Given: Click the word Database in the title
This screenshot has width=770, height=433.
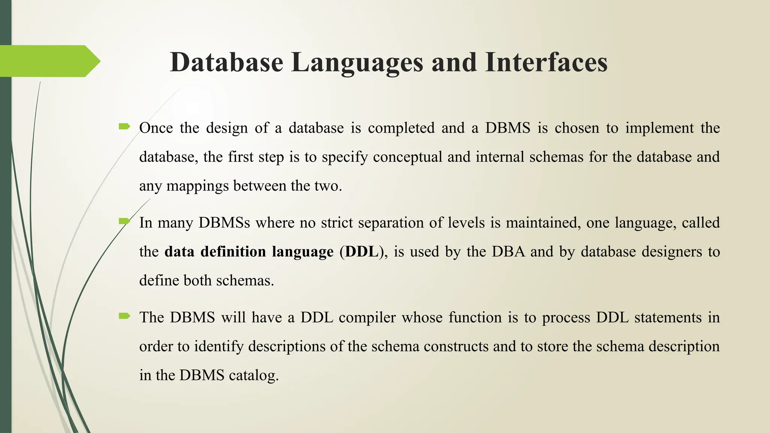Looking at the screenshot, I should [226, 62].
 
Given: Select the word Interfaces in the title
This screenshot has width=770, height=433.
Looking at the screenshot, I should [546, 62].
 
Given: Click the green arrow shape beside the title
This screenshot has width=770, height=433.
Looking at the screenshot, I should [49, 61].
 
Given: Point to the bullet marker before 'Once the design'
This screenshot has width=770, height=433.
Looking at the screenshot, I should [124, 127].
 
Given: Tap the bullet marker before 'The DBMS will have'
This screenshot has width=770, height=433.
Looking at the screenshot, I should [124, 316].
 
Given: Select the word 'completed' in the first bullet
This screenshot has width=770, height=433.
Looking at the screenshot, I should [401, 129].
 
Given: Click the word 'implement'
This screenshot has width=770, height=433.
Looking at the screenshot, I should [659, 129].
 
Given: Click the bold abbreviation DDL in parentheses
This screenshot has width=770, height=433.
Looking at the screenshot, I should [361, 252].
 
